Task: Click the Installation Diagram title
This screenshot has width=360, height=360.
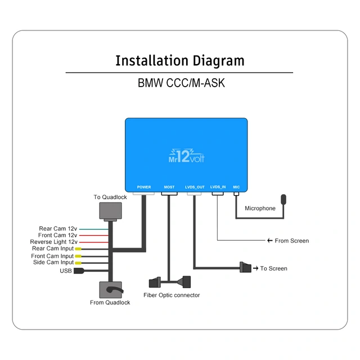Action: [x=179, y=61]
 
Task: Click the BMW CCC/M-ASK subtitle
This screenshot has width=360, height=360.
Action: [x=179, y=83]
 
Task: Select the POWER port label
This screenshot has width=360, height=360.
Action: [x=144, y=187]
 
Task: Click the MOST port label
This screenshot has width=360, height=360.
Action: [x=169, y=187]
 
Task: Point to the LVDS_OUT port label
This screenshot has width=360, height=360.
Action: [x=195, y=187]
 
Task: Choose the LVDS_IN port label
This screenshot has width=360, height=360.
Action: [x=218, y=187]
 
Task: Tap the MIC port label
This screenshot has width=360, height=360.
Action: [x=236, y=187]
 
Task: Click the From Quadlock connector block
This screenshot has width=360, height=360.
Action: [x=110, y=289]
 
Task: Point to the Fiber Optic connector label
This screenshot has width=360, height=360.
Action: [x=172, y=295]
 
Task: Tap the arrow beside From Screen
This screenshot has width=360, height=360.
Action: [x=269, y=241]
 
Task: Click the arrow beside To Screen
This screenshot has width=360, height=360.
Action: [x=255, y=268]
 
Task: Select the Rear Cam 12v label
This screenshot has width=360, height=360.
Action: [x=58, y=228]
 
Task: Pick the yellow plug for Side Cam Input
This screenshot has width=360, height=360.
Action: [x=79, y=262]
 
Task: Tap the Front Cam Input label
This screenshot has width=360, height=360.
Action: [x=52, y=256]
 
